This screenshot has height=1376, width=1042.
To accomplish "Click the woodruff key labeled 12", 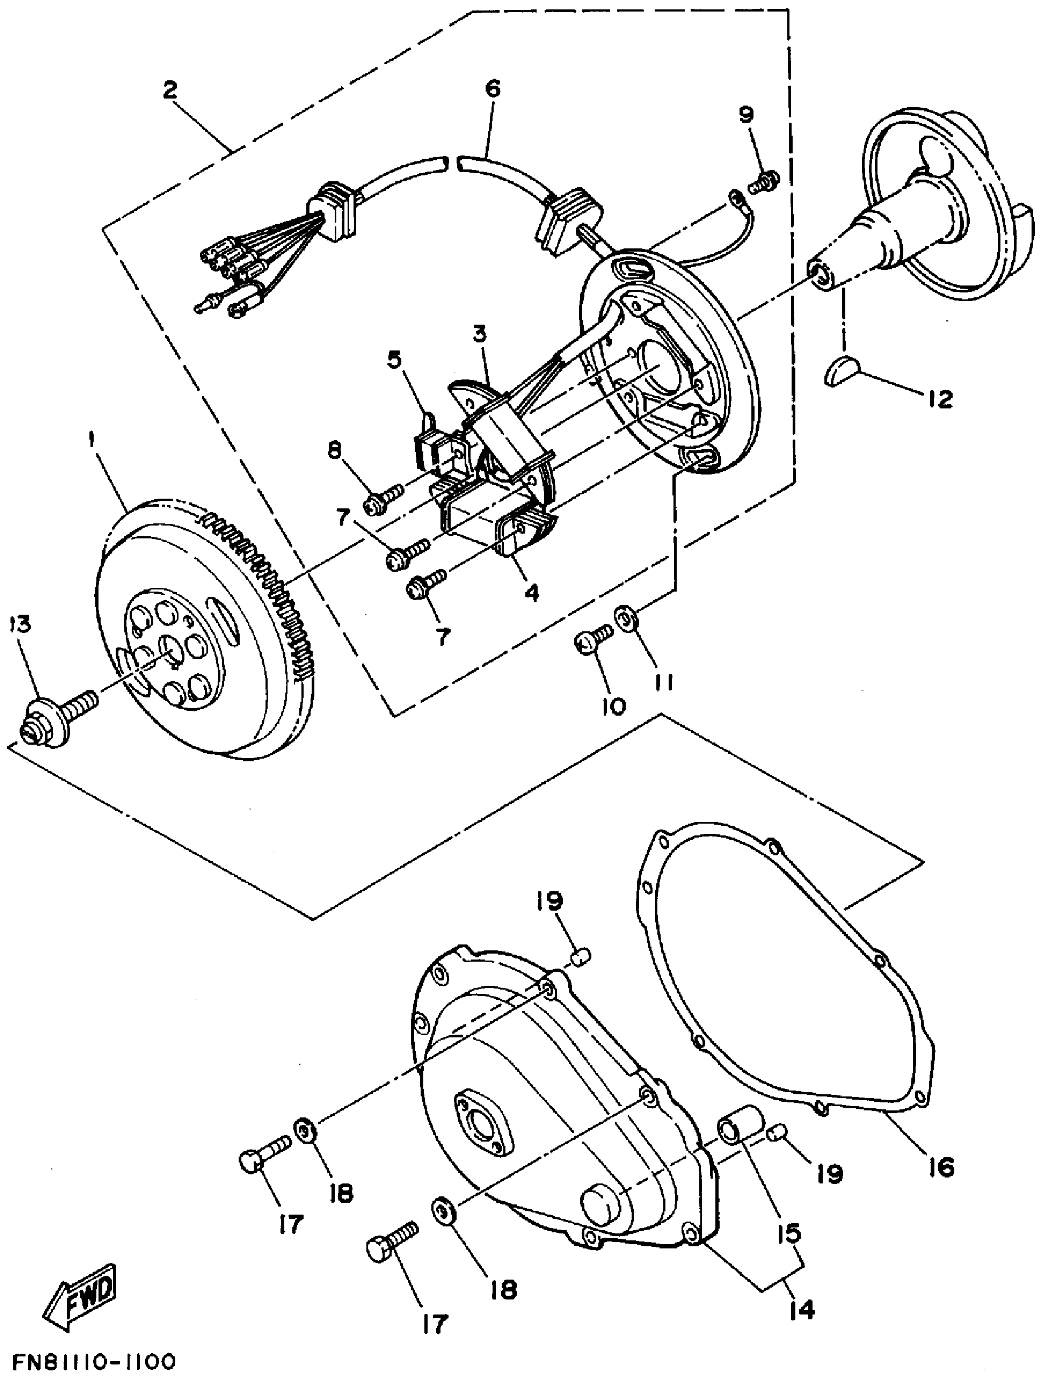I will pyautogui.click(x=842, y=371).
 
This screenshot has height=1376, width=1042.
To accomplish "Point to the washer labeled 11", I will pyautogui.click(x=624, y=618).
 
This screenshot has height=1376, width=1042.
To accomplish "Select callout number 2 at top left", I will pyautogui.click(x=169, y=89).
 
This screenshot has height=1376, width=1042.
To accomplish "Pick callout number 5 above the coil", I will pyautogui.click(x=394, y=360).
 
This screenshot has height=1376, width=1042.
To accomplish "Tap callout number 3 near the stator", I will pyautogui.click(x=479, y=334).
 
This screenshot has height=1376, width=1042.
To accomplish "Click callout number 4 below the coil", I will pyautogui.click(x=531, y=592).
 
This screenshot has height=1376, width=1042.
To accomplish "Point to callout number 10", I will pyautogui.click(x=613, y=706).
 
